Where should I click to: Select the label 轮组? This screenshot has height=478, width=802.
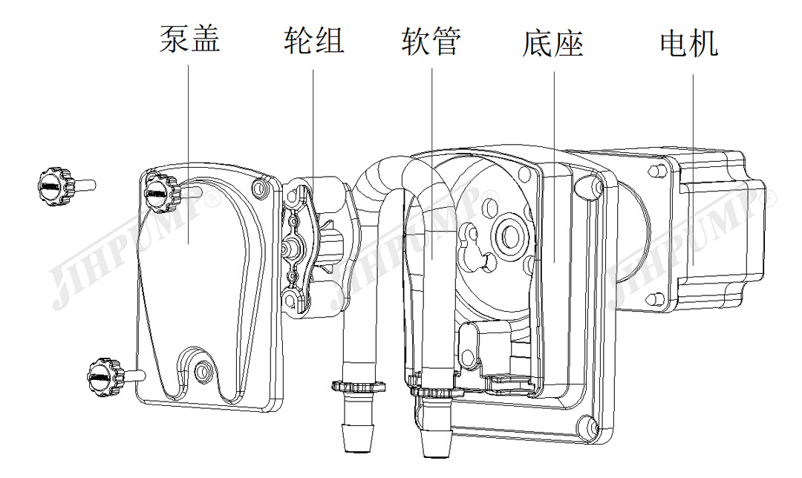[314, 40]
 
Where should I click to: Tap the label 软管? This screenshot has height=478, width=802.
[431, 40]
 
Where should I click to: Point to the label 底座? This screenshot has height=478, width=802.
[553, 43]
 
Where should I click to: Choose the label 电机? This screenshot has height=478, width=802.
[689, 43]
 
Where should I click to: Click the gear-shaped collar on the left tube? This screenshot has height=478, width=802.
[359, 386]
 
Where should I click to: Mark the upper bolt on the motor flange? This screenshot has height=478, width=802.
[656, 171]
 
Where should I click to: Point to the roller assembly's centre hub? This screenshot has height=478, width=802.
[294, 246]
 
